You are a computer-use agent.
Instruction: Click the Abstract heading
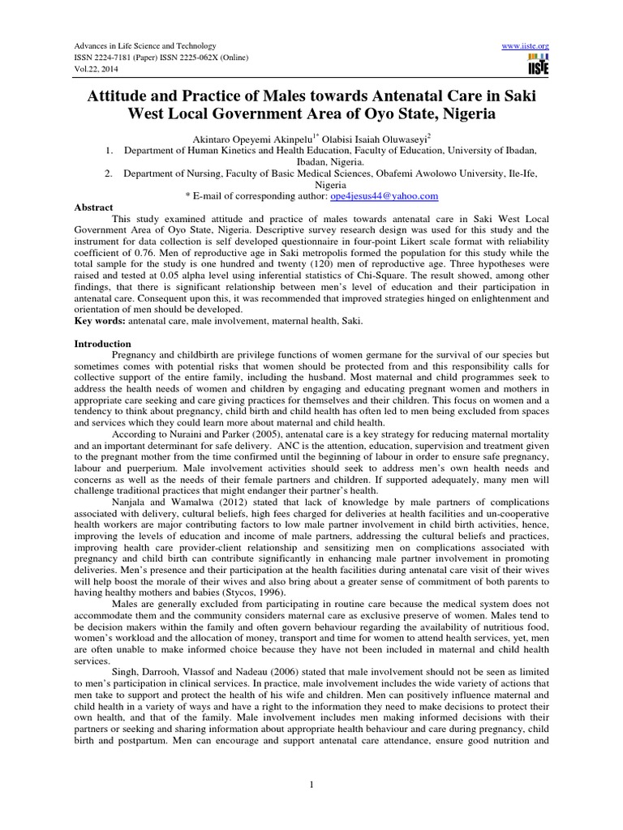pyautogui.click(x=93, y=207)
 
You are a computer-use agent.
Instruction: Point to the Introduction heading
pyautogui.click(x=102, y=344)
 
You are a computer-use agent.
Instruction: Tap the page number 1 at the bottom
pyautogui.click(x=311, y=784)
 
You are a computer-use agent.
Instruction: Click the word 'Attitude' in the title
pyautogui.click(x=125, y=96)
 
